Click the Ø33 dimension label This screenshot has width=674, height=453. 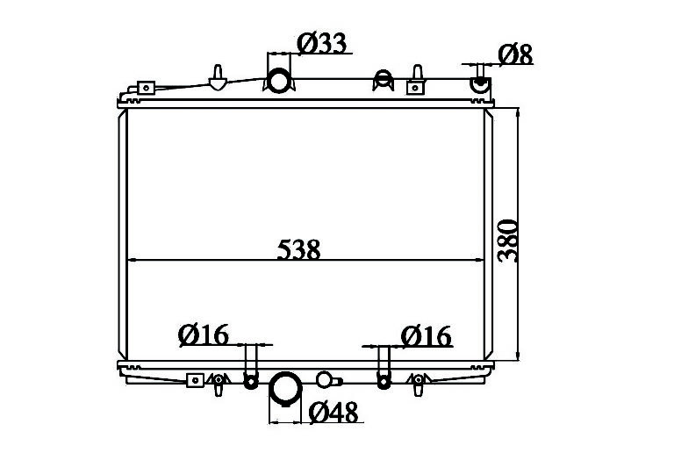[x=322, y=43]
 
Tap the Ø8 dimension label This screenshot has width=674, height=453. [x=515, y=54]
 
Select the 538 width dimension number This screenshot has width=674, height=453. [x=298, y=249]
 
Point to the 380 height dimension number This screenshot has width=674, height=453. [x=507, y=241]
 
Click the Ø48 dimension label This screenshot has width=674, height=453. [x=333, y=412]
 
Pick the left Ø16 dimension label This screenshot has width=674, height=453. [x=204, y=334]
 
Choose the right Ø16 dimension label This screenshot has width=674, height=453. [x=426, y=336]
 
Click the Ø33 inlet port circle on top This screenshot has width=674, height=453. [x=279, y=81]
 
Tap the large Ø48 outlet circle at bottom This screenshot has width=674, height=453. [x=285, y=389]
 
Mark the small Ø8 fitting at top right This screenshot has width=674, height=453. [x=480, y=83]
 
